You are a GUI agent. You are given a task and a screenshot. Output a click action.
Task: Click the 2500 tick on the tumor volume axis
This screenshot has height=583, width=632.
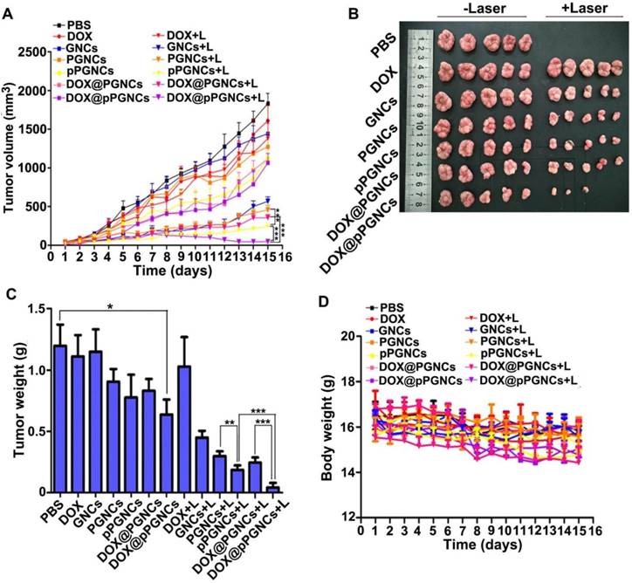33,51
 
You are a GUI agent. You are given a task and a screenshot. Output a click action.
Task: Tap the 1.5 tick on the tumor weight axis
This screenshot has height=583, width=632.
36,308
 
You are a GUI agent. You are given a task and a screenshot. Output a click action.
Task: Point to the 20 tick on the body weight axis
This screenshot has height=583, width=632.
349,336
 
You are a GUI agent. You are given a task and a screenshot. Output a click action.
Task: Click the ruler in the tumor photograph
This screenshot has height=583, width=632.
417,119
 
